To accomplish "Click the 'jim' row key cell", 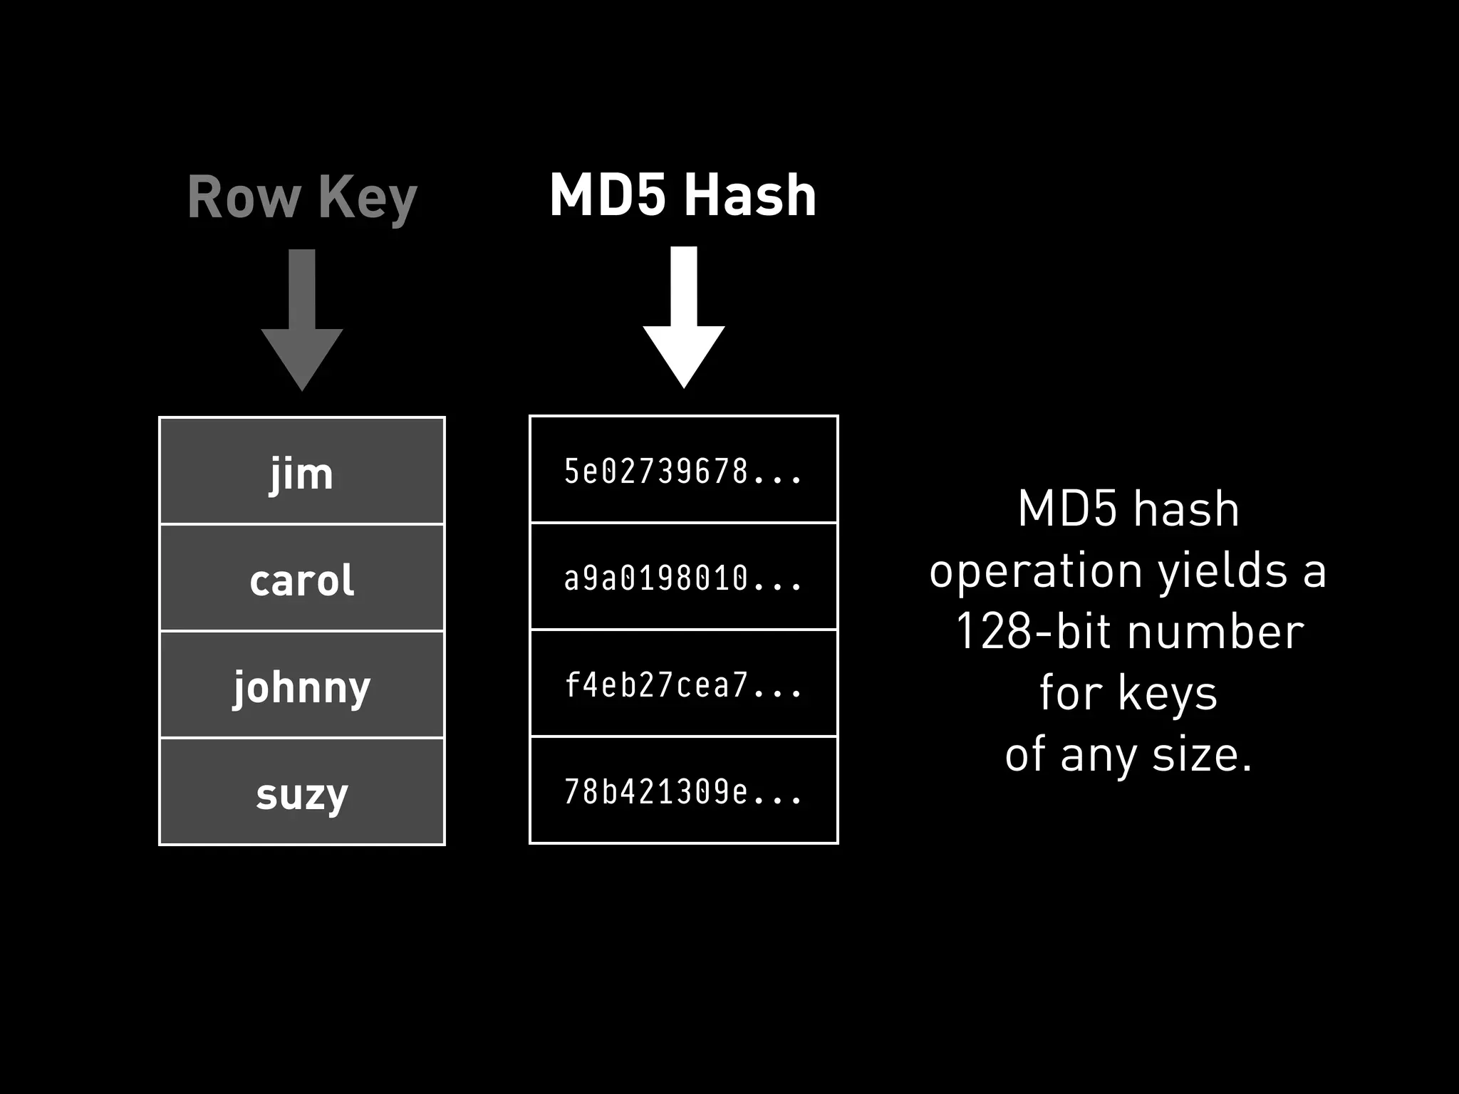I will tap(301, 472).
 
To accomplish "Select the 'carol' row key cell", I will tap(301, 578).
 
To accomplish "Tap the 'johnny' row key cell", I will tap(301, 685).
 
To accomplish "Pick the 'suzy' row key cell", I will tap(301, 792).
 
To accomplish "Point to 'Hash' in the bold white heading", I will tap(751, 195).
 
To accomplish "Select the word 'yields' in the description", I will tap(1222, 571).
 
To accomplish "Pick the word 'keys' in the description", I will tap(1168, 693).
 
